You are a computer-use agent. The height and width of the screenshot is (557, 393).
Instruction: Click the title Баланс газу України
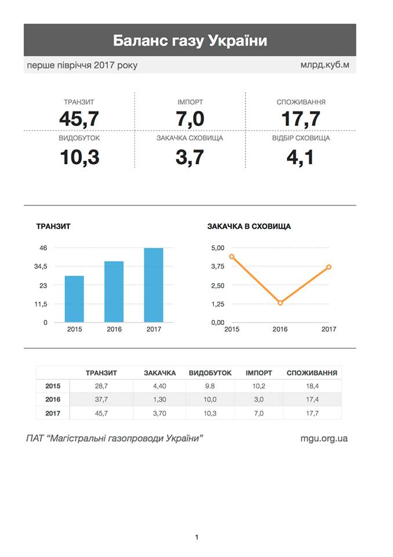190,41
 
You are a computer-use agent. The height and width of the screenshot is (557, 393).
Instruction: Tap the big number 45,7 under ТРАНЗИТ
79,119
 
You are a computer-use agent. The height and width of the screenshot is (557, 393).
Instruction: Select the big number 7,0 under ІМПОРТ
190,119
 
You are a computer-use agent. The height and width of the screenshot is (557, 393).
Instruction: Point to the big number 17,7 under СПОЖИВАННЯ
301,119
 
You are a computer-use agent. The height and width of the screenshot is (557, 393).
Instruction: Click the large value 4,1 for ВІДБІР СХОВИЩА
301,157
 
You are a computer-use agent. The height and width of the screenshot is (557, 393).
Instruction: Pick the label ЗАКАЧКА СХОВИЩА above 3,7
190,139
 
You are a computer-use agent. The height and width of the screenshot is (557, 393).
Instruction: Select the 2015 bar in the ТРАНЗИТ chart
74,299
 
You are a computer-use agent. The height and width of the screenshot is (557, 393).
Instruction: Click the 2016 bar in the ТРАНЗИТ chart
114,291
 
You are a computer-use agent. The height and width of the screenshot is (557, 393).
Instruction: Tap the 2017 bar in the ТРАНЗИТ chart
154,285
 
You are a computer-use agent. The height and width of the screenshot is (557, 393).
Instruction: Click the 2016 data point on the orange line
280,303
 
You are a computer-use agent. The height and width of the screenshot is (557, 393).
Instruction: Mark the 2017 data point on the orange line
329,267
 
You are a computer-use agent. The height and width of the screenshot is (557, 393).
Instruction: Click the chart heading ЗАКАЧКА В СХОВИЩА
249,227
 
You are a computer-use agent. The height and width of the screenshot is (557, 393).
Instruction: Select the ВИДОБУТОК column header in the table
210,373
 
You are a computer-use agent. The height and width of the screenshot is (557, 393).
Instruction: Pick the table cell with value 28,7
101,386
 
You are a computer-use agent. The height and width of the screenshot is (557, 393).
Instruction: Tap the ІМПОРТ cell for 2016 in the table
259,400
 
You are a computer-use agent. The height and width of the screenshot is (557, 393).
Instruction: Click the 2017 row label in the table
53,413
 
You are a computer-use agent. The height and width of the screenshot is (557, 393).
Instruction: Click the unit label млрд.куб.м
321,65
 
